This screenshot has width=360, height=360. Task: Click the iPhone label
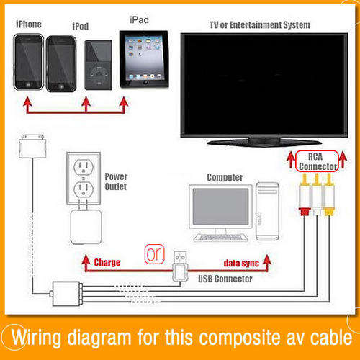29,24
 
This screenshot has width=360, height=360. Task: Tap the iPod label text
81,26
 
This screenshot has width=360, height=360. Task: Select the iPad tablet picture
144,59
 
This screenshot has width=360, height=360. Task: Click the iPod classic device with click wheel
98,65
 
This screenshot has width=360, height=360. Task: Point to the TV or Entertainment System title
260,25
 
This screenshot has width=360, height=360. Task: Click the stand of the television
264,141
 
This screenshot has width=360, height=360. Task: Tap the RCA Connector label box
317,161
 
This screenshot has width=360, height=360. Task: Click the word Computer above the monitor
225,177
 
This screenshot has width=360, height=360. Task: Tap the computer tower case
267,211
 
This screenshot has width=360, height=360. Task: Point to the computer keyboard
221,238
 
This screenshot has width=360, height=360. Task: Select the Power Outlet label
116,181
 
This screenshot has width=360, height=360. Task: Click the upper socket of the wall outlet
84,167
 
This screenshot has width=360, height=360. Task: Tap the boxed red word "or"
154,254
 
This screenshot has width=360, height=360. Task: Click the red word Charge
107,262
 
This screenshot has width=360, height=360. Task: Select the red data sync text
241,263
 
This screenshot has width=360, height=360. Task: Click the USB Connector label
225,279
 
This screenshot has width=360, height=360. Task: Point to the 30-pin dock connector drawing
32,146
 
